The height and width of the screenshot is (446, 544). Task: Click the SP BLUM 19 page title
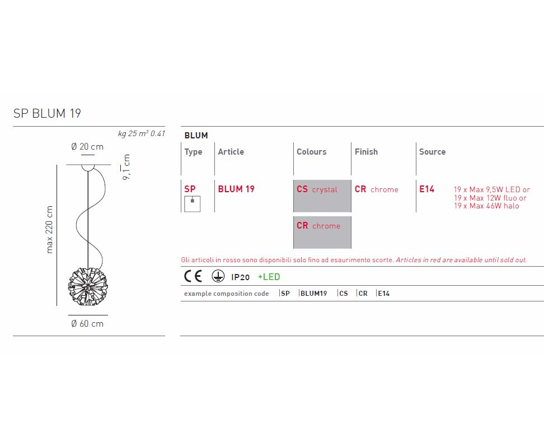tap(47, 113)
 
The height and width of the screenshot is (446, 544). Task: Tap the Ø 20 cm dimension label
tap(87, 147)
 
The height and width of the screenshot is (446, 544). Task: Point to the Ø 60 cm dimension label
tap(87, 323)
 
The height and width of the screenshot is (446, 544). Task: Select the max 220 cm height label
tap(50, 230)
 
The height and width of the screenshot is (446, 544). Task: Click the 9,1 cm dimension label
tap(126, 167)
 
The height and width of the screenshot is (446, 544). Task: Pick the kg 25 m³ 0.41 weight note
tap(142, 133)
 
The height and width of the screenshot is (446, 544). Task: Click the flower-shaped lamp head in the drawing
tap(88, 286)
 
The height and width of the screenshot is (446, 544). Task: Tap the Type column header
tap(193, 152)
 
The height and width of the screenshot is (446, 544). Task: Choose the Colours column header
tap(312, 152)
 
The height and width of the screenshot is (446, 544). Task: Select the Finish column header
tap(366, 152)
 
